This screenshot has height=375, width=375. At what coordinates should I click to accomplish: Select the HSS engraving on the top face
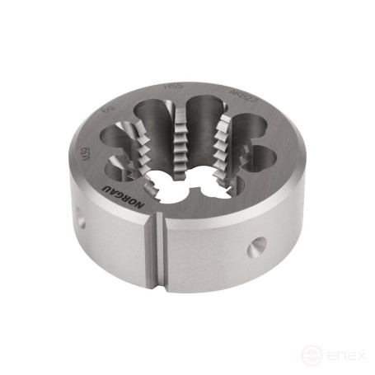(175, 86)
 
